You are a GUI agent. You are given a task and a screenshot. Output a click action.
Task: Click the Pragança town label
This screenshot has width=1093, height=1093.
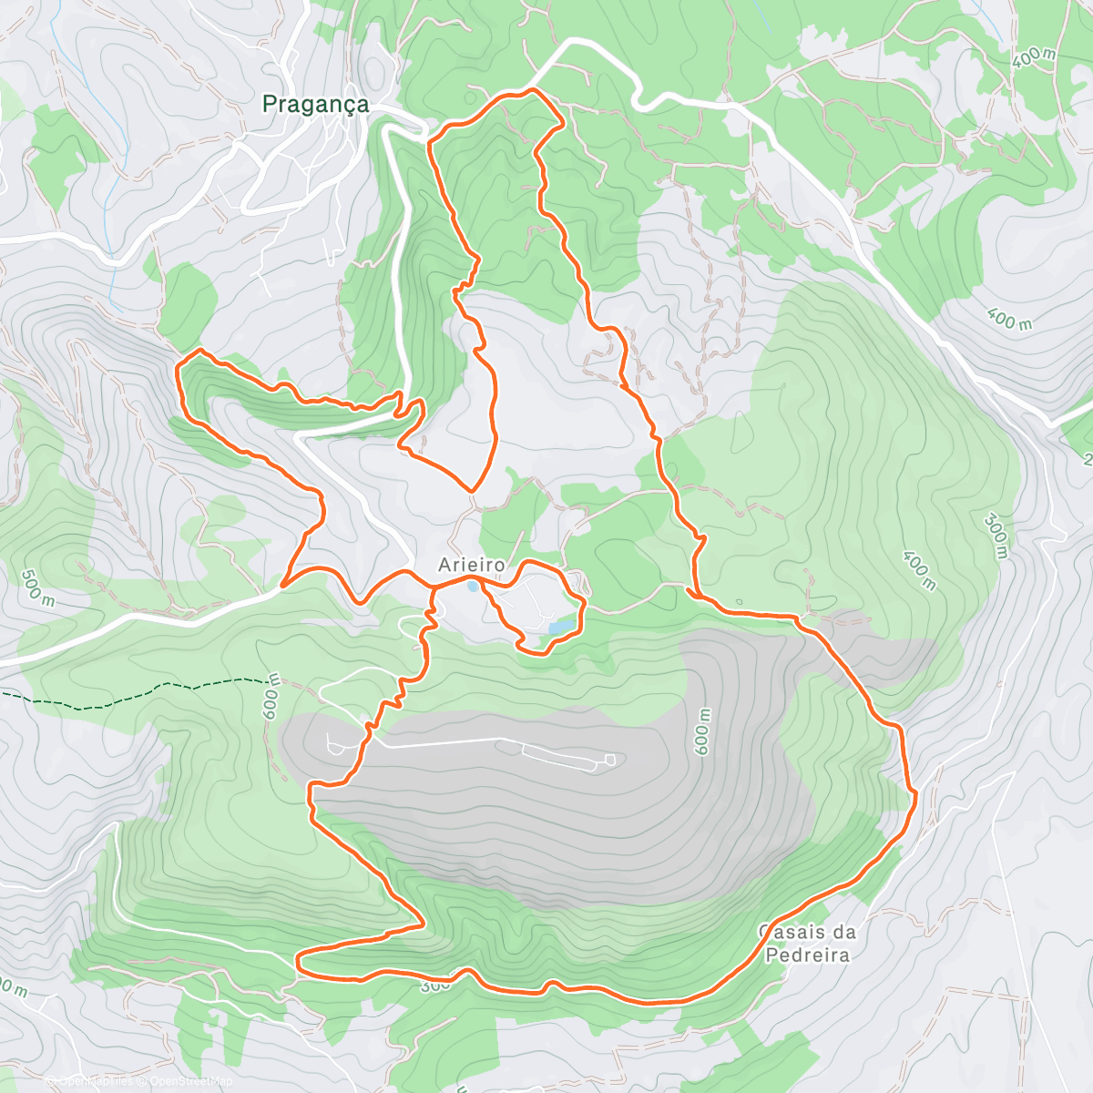315,105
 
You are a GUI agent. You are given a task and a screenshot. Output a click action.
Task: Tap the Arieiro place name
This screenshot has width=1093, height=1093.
472,566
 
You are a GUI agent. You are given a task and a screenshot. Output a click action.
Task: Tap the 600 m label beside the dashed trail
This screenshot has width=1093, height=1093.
271,699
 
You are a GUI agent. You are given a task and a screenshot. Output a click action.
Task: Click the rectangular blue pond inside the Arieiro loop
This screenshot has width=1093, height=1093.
561,626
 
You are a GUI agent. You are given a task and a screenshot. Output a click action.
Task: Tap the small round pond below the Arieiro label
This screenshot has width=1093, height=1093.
471,587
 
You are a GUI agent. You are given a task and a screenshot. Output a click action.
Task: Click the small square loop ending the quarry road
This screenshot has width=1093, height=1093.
609,760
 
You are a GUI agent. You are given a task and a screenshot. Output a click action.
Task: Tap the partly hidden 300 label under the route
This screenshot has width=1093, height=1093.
435,986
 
